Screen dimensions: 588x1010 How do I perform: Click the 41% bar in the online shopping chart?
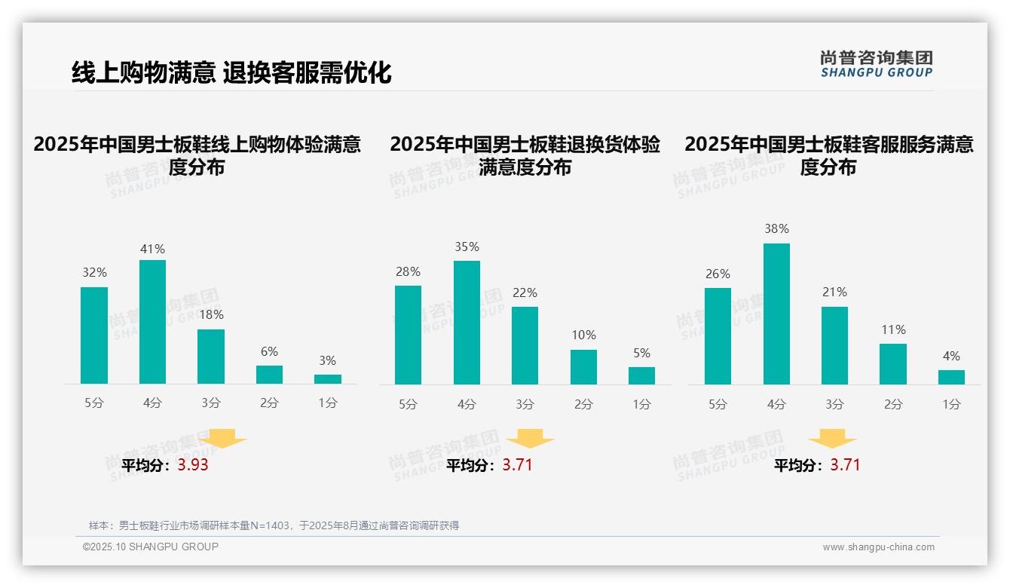[152, 322]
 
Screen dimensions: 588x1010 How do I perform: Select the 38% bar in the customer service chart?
[776, 314]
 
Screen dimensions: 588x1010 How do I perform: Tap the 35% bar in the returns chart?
[467, 323]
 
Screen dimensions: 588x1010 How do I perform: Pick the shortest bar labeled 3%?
[328, 379]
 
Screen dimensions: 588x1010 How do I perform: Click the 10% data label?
[583, 335]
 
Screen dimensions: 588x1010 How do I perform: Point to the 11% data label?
[893, 329]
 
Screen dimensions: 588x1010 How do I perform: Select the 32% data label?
[94, 272]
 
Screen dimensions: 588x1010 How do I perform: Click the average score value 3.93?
[193, 465]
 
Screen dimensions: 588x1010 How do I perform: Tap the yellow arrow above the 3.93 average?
[222, 438]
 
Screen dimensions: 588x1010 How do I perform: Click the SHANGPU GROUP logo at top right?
[877, 64]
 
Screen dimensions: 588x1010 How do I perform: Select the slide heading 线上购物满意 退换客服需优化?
[231, 72]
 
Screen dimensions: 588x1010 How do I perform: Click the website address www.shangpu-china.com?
[878, 547]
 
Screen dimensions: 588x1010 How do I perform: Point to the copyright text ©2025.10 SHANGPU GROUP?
[151, 547]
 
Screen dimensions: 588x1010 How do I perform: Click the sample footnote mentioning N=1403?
[274, 525]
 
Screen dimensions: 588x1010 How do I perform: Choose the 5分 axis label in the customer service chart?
[718, 404]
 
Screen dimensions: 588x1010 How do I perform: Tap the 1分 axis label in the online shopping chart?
[328, 403]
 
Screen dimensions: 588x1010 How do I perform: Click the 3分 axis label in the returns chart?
[525, 404]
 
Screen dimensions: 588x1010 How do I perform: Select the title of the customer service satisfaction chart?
[828, 155]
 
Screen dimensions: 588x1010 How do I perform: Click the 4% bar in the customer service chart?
[951, 377]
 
